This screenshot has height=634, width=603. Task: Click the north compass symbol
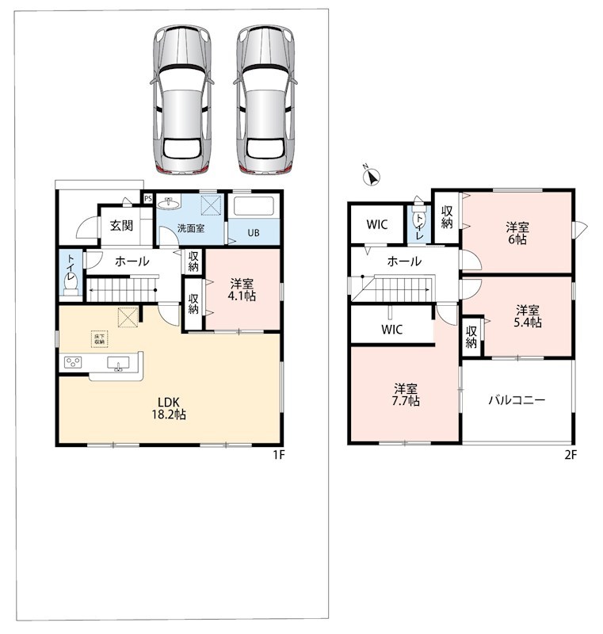pyautogui.click(x=372, y=177)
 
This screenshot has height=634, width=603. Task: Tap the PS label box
pyautogui.click(x=148, y=199)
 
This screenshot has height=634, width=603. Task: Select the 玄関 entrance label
pyautogui.click(x=121, y=225)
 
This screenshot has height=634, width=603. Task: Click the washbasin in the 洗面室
pyautogui.click(x=169, y=203)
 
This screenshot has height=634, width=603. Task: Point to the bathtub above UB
pyautogui.click(x=254, y=206)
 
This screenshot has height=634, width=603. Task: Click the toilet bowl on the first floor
pyautogui.click(x=71, y=286)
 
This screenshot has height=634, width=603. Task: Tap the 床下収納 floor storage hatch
pyautogui.click(x=99, y=339)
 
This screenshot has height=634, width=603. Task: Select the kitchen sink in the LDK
pyautogui.click(x=118, y=363)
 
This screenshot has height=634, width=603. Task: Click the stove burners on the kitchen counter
pyautogui.click(x=73, y=362)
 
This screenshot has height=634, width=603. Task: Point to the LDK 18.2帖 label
pyautogui.click(x=169, y=408)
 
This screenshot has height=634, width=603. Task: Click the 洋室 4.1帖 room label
pyautogui.click(x=242, y=289)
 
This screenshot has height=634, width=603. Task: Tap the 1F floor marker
pyautogui.click(x=279, y=455)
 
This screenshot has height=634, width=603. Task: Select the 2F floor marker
pyautogui.click(x=571, y=455)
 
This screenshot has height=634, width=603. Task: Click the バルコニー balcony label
pyautogui.click(x=517, y=400)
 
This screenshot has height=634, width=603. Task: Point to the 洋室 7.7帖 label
pyautogui.click(x=406, y=395)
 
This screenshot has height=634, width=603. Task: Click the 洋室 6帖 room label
pyautogui.click(x=517, y=233)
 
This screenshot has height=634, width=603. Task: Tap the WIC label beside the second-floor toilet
pyautogui.click(x=376, y=224)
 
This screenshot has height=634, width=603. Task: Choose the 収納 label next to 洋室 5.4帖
pyautogui.click(x=471, y=337)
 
